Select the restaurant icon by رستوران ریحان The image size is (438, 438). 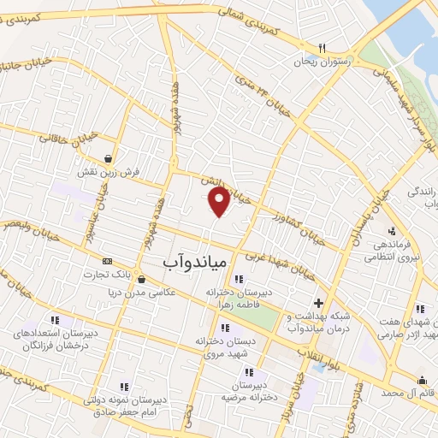coord(322,48)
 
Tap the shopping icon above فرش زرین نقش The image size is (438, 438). coord(108,157)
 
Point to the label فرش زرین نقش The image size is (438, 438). coord(108,171)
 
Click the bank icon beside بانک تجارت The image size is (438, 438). coord(107,261)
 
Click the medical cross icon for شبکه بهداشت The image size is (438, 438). coord(318,302)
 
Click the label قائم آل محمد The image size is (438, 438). coord(405,394)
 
